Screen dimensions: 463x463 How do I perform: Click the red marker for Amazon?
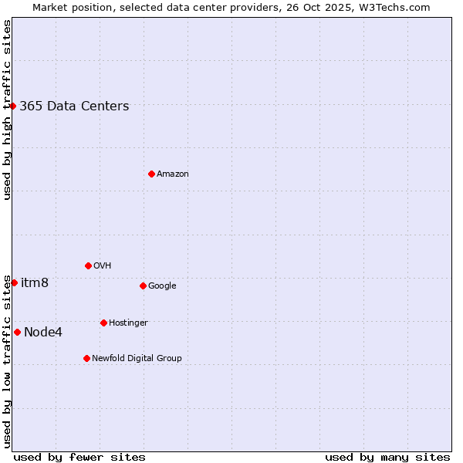151,174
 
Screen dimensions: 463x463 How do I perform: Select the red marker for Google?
143,286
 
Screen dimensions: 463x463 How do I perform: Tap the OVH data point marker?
88,265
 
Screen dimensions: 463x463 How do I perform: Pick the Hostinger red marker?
103,323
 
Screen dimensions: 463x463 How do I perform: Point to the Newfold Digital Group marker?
86,358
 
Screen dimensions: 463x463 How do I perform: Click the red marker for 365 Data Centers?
13,106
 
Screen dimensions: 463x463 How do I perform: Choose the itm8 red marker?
14,282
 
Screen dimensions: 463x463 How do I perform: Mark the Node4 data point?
17,332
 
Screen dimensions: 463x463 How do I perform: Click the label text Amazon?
173,174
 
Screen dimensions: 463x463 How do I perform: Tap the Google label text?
162,286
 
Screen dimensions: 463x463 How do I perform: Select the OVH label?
103,266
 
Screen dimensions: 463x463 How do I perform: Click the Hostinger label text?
128,323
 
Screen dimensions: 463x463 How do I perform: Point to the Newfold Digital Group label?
137,358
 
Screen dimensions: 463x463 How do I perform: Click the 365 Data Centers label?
74,106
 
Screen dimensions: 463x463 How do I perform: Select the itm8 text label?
35,283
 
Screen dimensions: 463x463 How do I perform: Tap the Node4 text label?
43,333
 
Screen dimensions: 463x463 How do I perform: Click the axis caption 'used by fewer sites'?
79,457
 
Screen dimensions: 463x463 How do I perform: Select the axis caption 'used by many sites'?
387,457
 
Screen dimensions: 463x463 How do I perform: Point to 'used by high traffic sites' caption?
8,110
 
